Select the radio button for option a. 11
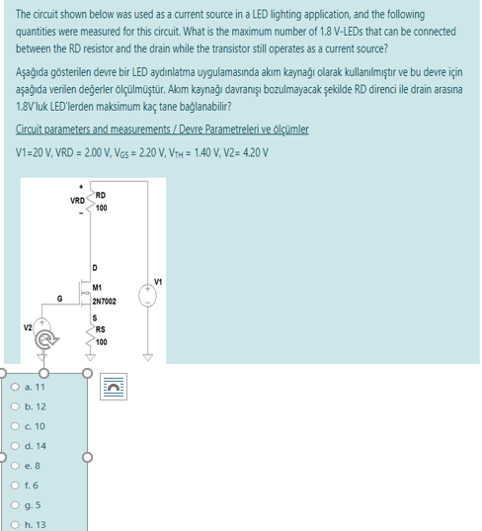(10, 389)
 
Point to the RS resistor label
(101, 331)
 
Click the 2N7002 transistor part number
(105, 300)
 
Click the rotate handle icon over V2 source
(44, 343)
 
